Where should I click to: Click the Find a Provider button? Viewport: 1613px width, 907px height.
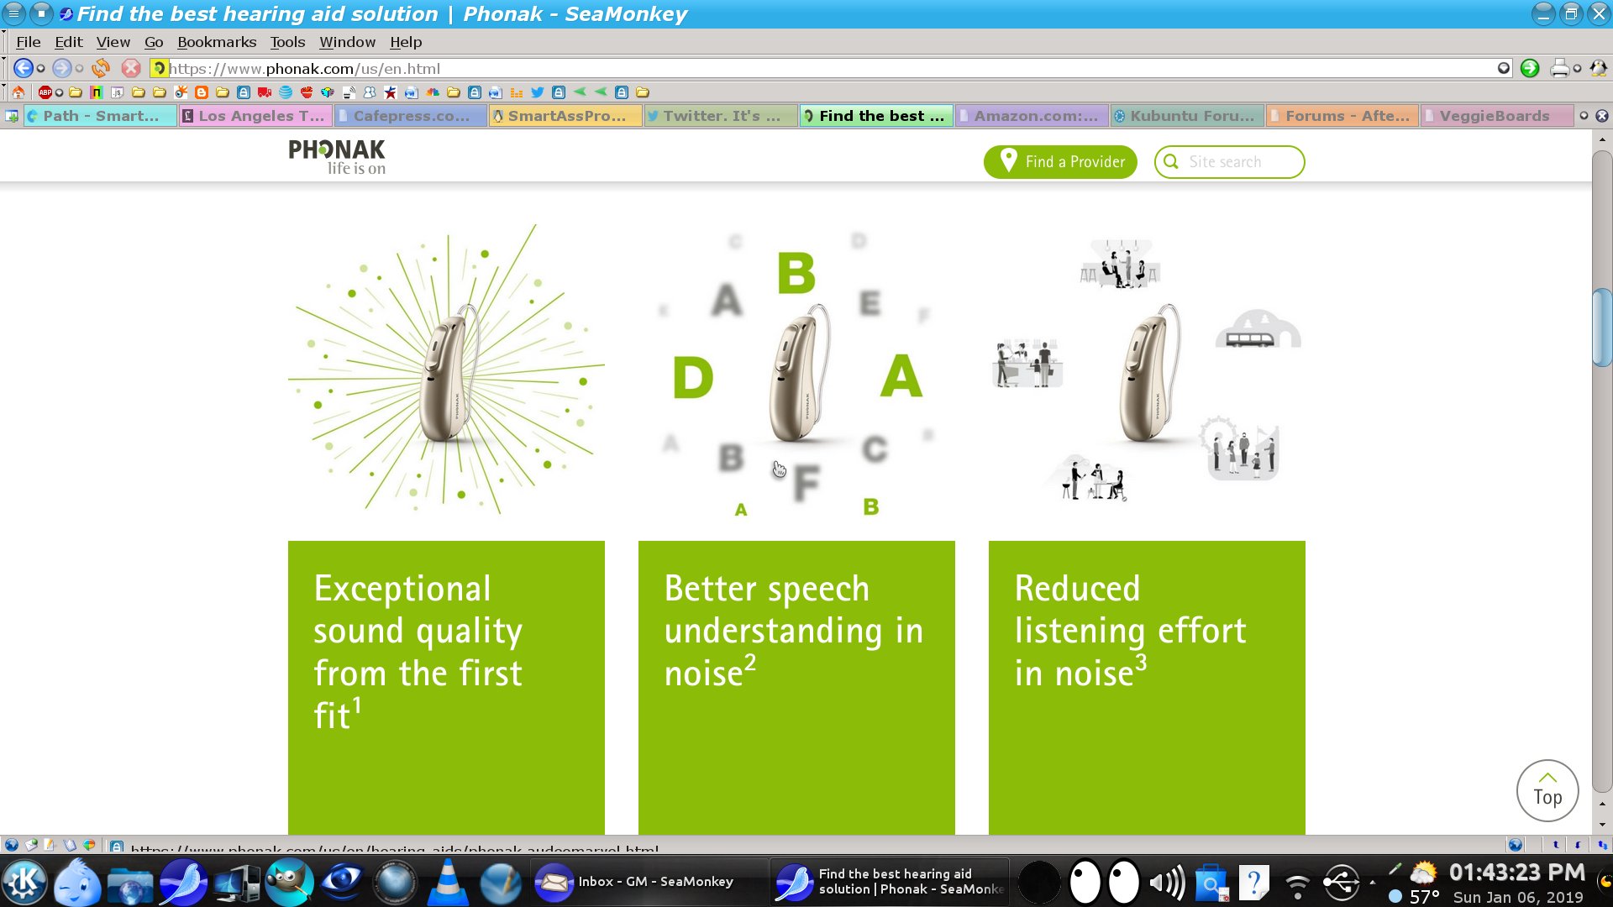(x=1060, y=162)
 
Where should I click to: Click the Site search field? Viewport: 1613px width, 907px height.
(x=1235, y=162)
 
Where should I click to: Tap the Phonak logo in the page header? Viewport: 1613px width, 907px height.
(x=337, y=156)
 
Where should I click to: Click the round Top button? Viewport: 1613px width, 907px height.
(x=1547, y=790)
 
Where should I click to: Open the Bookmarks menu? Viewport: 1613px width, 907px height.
(x=217, y=42)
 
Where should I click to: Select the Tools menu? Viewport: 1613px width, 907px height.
(x=287, y=42)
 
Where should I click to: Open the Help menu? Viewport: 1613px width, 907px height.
(x=406, y=42)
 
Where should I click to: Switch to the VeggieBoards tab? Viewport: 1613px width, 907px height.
(x=1494, y=116)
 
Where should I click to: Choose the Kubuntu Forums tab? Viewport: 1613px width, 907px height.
(x=1190, y=116)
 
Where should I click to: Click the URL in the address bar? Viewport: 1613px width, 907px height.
(x=305, y=69)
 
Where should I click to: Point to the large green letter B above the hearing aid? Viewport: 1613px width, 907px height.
(x=796, y=273)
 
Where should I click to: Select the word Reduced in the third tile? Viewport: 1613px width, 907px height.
(x=1077, y=589)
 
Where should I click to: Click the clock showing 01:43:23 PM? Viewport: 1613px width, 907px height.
(x=1516, y=873)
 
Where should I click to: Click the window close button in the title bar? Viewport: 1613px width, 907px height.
(x=1599, y=14)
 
